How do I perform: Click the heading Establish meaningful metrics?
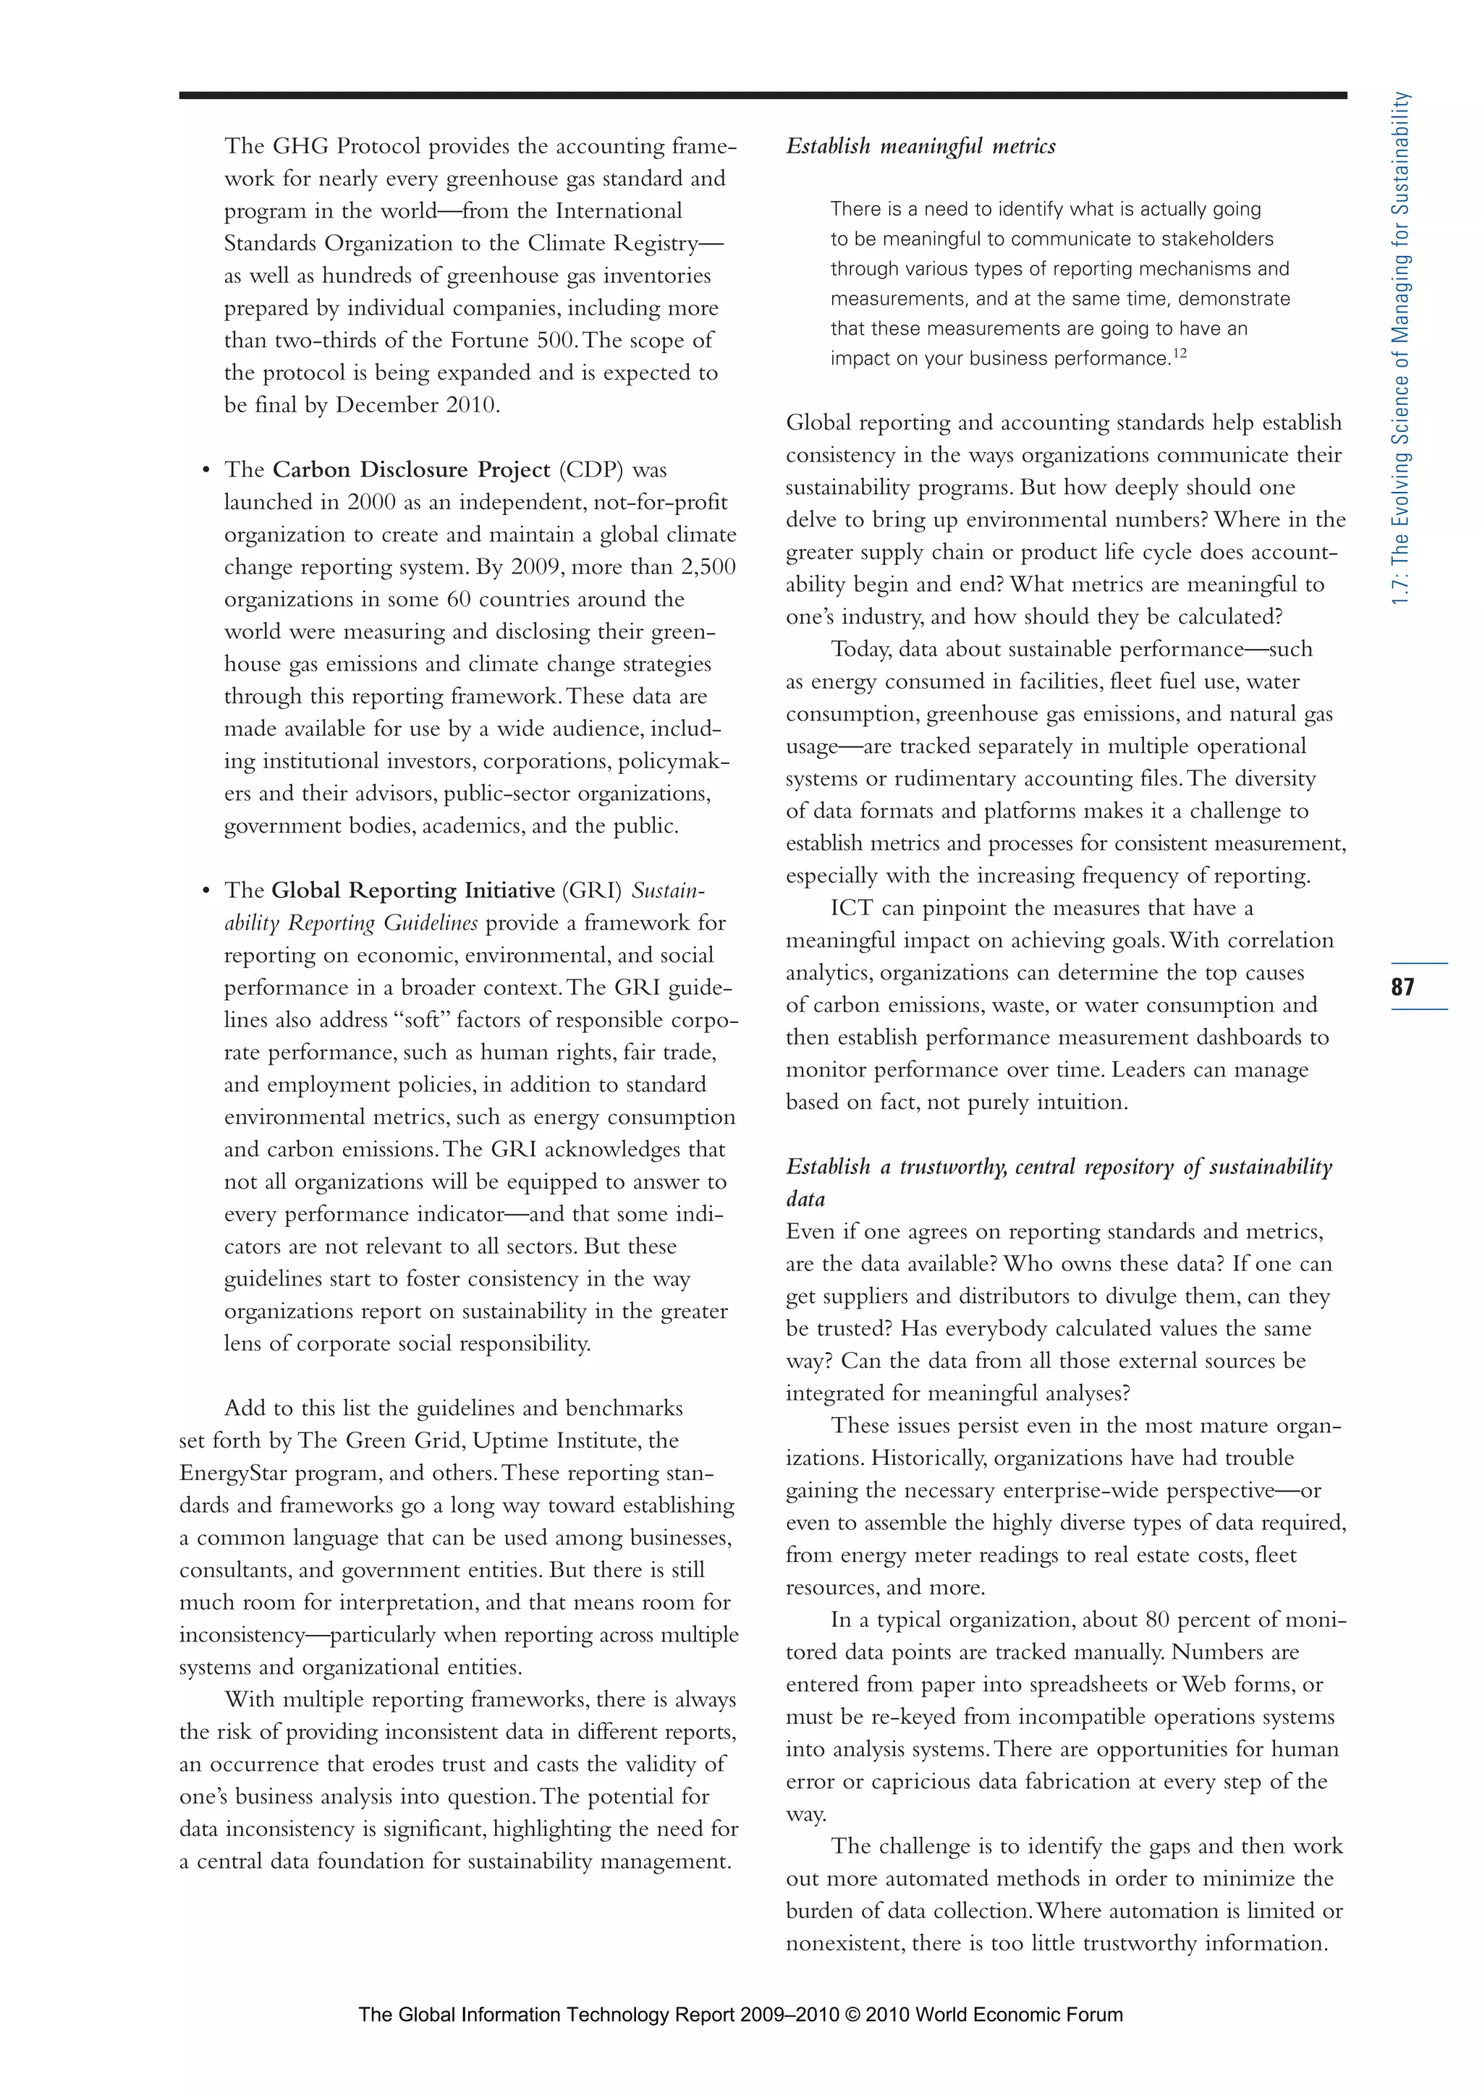(x=920, y=146)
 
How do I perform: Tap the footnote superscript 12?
(x=1180, y=353)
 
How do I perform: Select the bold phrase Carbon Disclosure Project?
(x=410, y=470)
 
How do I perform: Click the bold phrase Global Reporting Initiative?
(x=412, y=891)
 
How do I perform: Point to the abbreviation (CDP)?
(x=591, y=470)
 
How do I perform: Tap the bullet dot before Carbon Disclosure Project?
(x=206, y=471)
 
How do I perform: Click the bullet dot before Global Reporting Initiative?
(x=206, y=891)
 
